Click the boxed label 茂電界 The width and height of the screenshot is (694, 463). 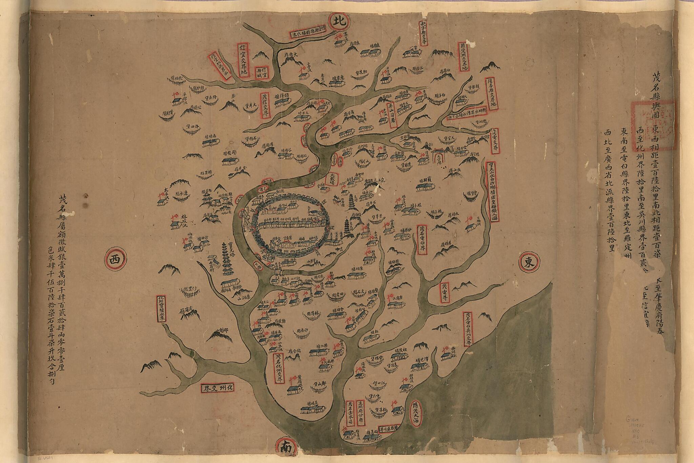tap(445, 293)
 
